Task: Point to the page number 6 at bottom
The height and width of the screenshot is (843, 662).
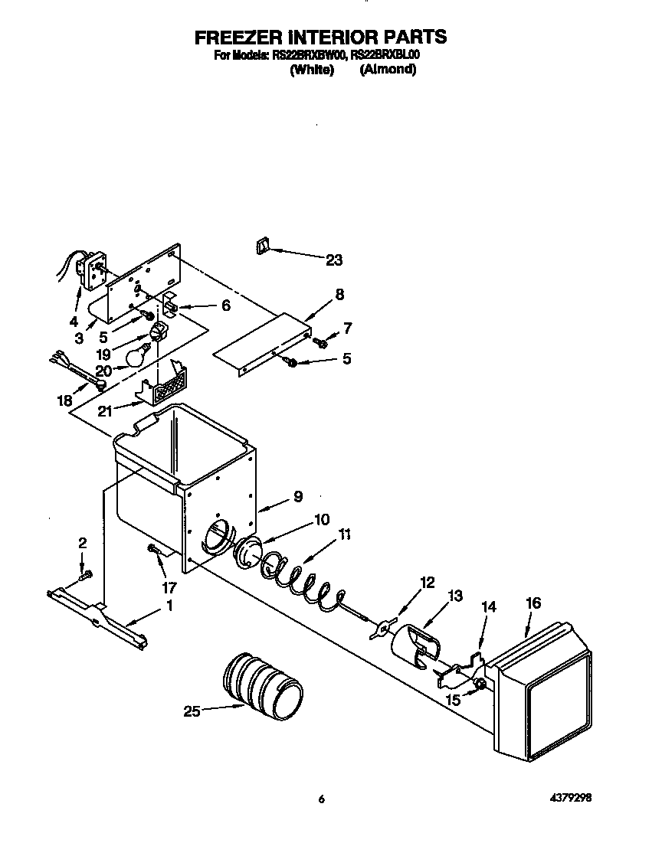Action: point(322,799)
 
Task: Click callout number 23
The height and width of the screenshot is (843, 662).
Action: point(334,260)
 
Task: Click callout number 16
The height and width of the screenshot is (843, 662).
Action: point(533,603)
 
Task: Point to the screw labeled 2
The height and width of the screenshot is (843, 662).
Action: point(87,573)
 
